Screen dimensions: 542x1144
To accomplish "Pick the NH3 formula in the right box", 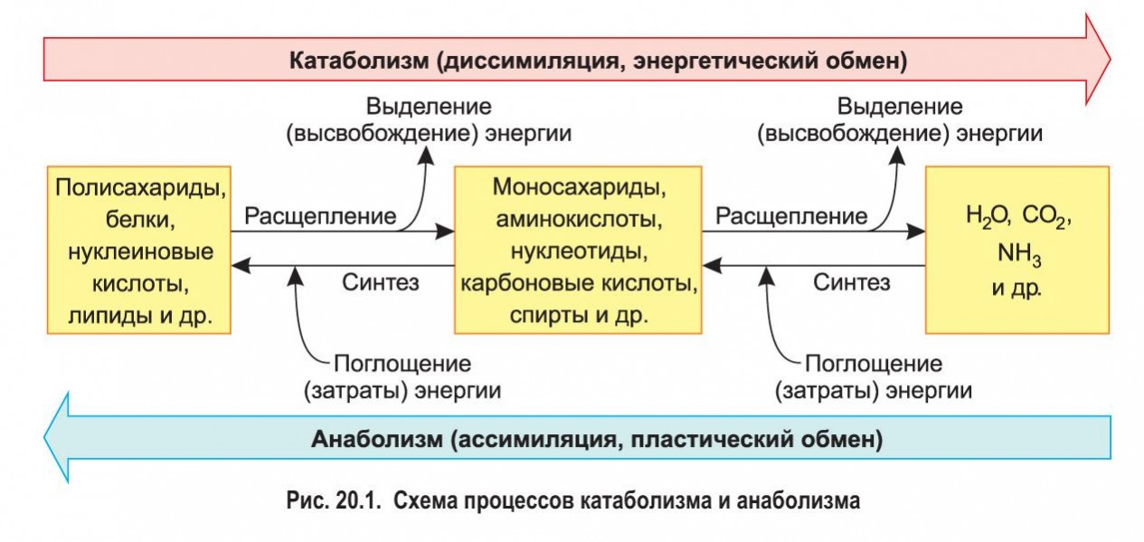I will (x=1019, y=255).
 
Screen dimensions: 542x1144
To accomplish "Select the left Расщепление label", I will (x=320, y=216).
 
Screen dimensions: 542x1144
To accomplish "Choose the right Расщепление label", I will (x=791, y=216).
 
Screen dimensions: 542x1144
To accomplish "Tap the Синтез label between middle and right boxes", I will (x=851, y=281).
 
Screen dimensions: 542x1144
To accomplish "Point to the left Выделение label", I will (x=429, y=106).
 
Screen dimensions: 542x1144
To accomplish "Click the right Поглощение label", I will (x=874, y=364).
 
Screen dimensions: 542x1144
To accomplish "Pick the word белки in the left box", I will (x=139, y=221).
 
